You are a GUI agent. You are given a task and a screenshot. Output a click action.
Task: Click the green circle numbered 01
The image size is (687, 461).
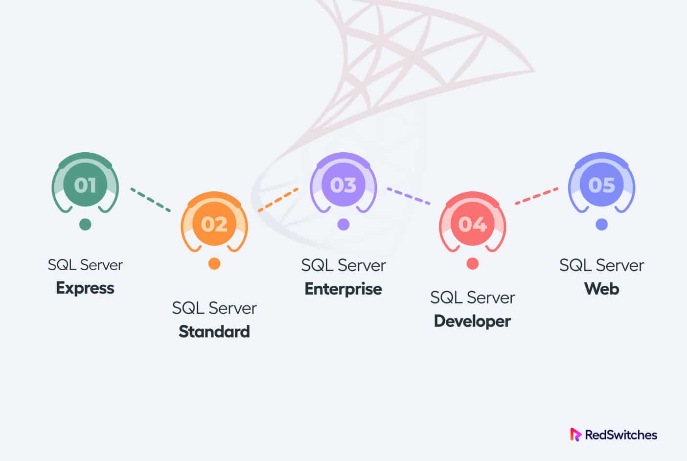click(x=85, y=185)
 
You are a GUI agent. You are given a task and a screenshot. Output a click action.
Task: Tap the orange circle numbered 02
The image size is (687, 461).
click(x=214, y=224)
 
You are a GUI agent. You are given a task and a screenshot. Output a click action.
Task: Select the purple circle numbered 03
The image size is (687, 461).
click(x=343, y=185)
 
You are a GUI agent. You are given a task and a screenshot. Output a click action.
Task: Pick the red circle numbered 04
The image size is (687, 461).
click(x=472, y=224)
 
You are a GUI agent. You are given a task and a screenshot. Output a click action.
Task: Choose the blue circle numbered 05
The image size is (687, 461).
click(x=601, y=185)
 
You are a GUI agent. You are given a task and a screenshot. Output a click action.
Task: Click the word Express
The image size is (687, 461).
click(x=85, y=288)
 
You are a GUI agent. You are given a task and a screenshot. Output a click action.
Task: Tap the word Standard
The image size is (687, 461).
click(x=214, y=331)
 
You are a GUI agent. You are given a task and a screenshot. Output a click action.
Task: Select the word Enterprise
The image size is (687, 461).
click(x=343, y=289)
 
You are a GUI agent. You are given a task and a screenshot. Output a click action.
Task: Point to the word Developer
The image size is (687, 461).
click(x=472, y=321)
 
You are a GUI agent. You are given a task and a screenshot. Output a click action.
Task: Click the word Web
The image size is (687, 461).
click(x=601, y=289)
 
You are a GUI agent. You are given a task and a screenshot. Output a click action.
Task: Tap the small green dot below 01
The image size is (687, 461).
click(x=85, y=224)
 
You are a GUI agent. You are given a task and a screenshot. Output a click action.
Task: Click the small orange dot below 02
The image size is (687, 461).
click(x=214, y=263)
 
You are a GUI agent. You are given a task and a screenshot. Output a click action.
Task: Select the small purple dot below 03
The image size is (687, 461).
click(x=343, y=224)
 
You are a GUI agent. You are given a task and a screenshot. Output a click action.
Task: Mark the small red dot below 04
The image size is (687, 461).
click(x=472, y=263)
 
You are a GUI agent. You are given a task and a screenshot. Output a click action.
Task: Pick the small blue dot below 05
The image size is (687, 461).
click(x=601, y=224)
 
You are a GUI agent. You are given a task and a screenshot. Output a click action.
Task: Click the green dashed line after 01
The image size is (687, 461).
click(x=151, y=200)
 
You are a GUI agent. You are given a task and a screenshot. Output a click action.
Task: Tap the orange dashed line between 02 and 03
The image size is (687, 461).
click(x=278, y=200)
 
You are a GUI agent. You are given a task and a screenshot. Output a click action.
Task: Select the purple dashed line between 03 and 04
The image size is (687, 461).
click(x=408, y=196)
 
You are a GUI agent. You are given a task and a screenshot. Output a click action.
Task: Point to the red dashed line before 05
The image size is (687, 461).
click(x=536, y=196)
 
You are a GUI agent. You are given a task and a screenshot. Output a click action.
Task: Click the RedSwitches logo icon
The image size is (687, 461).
click(x=575, y=435)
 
